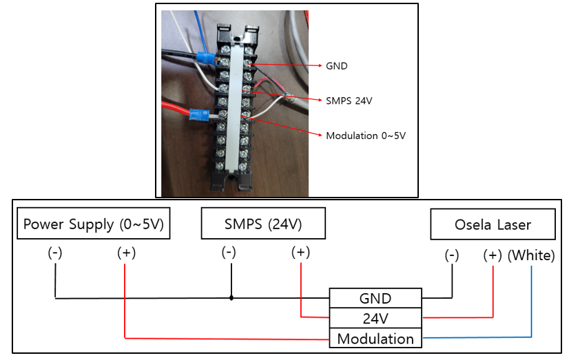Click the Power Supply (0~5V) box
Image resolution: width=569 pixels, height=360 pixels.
click(93, 223)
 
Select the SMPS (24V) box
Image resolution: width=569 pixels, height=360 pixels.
click(263, 223)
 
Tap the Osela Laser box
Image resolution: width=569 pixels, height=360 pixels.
click(493, 224)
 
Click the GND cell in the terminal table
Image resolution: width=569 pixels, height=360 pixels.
click(375, 298)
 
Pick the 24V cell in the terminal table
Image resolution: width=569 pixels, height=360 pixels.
click(375, 318)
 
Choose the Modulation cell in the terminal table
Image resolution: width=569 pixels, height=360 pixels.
click(375, 338)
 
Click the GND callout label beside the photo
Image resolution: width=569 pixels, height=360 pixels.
click(336, 66)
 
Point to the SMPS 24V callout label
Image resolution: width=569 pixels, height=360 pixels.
click(349, 100)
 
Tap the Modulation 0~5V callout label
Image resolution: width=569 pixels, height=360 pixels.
click(365, 136)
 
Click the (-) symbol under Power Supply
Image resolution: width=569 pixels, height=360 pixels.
click(55, 253)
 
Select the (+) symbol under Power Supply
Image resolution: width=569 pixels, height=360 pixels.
click(126, 253)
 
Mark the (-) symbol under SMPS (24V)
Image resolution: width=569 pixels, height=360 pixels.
click(229, 252)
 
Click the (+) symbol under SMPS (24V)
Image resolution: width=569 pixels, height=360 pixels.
click(300, 252)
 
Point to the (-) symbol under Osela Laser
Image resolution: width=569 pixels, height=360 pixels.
click(452, 255)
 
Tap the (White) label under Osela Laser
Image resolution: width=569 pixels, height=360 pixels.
click(531, 255)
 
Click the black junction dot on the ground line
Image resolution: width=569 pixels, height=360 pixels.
click(231, 298)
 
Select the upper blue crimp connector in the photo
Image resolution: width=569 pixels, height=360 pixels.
click(205, 58)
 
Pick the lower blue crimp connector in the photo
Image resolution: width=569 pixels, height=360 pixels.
click(199, 114)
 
